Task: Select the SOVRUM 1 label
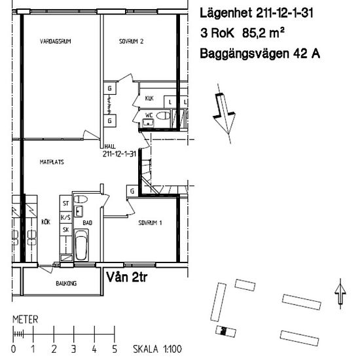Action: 150,223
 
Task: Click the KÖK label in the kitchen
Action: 45,223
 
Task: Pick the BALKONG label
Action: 66,283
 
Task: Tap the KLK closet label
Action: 149,99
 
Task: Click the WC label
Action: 149,114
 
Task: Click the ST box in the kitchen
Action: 65,204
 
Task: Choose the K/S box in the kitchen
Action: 65,217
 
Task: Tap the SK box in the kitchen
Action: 65,230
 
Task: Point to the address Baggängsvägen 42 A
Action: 260,54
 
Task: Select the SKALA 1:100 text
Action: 158,350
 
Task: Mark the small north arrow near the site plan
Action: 339,293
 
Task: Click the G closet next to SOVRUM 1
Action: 132,191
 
